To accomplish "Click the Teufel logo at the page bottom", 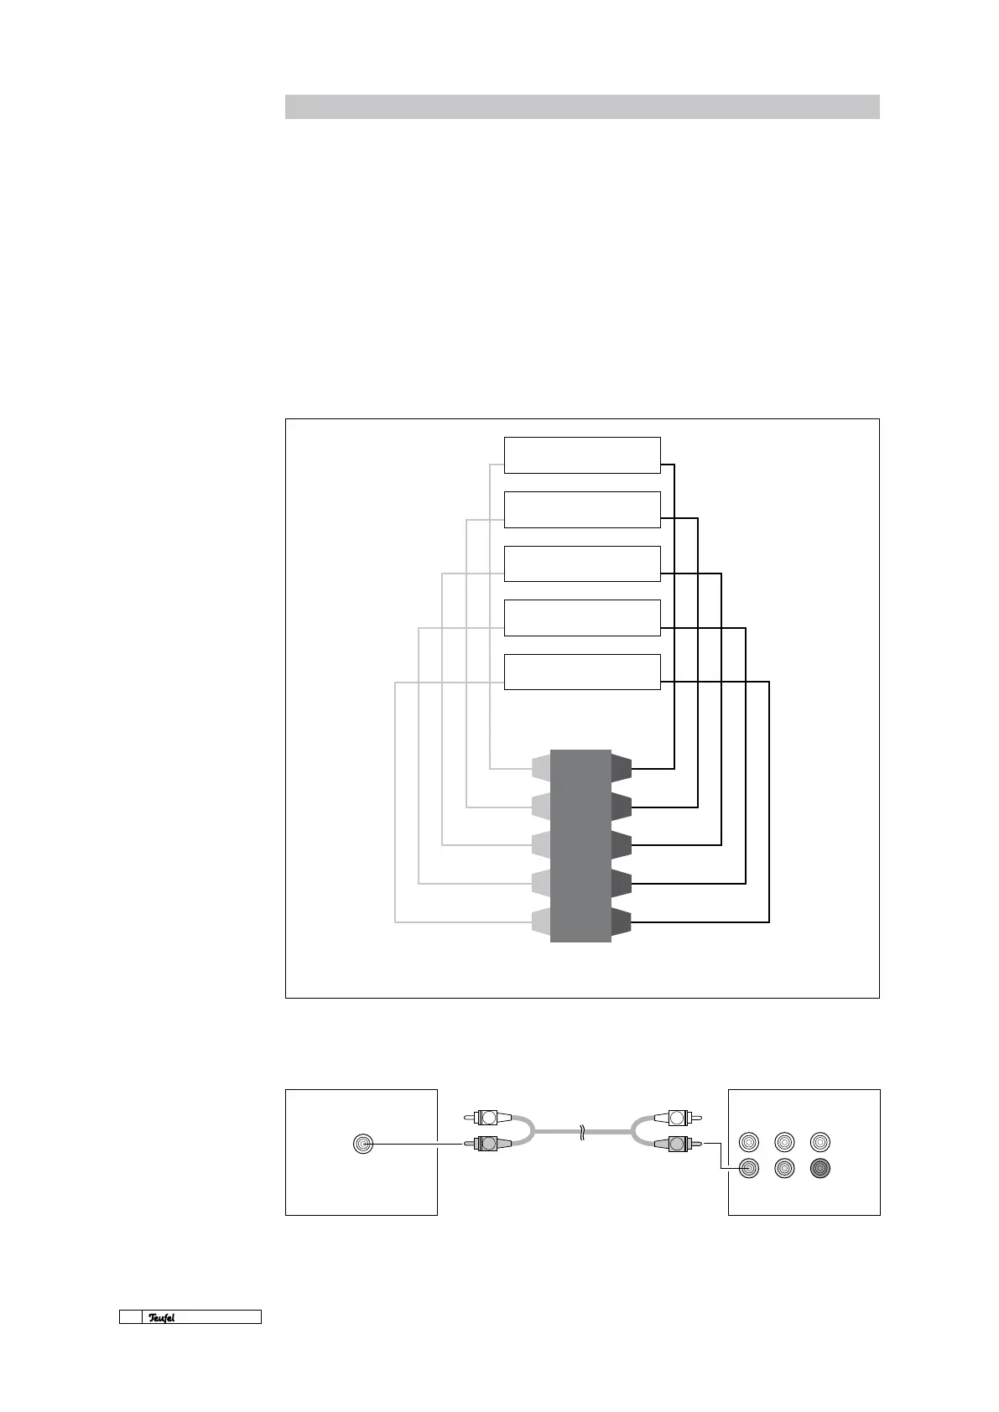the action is coord(162,1317).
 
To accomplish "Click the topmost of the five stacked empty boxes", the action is coord(581,455).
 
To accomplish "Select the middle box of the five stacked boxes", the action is coord(581,563).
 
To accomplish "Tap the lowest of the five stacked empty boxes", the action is coord(581,672).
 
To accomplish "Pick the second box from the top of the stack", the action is coord(581,510).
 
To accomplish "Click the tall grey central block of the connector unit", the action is coord(580,845).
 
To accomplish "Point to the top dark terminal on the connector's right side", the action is coord(621,767).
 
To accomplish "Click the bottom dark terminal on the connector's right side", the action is coord(621,921).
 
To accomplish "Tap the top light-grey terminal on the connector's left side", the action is coord(541,767).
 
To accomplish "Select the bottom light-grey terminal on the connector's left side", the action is coord(541,921).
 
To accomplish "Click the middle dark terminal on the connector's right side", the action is coord(621,844).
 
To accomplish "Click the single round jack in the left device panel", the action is coord(362,1143).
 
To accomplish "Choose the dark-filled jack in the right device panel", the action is coord(819,1168).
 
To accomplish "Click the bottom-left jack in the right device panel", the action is coord(748,1168).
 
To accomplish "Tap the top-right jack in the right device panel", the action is coord(819,1142).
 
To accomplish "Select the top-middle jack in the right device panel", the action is coord(784,1142).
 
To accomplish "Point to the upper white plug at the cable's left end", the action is coord(487,1117).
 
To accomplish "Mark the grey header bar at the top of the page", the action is coord(581,106).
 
